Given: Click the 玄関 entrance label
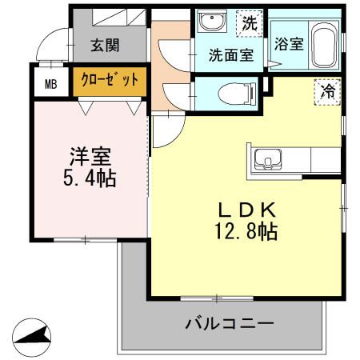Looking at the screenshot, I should (x=105, y=46).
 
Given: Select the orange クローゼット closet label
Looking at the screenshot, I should (x=111, y=80).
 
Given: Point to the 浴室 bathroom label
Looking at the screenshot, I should (x=289, y=44).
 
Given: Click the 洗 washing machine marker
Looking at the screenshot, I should (x=250, y=23).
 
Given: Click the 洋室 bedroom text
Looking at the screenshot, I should (x=88, y=154).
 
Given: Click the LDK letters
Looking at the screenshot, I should (x=248, y=210).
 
